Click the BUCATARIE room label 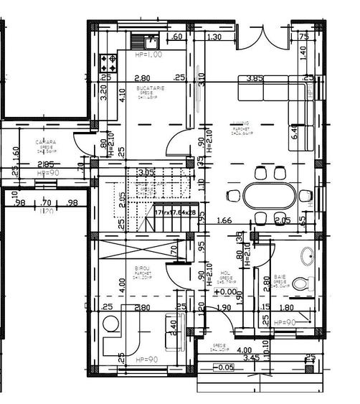pyautogui.click(x=151, y=87)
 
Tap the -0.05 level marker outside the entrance pyautogui.click(x=224, y=367)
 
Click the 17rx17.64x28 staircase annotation pyautogui.click(x=175, y=212)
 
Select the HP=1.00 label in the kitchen pyautogui.click(x=148, y=54)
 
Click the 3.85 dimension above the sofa pyautogui.click(x=255, y=77)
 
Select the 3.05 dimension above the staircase pyautogui.click(x=146, y=172)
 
